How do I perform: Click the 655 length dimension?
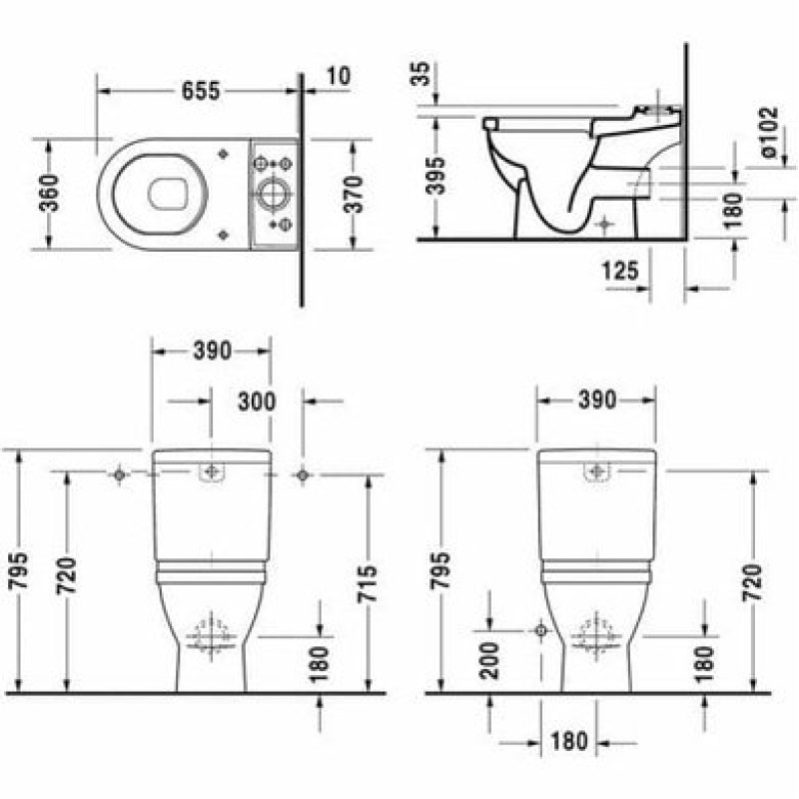[x=201, y=91]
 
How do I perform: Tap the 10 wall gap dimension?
[x=338, y=76]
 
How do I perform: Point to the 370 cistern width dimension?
[x=354, y=194]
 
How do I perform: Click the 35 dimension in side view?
[x=421, y=74]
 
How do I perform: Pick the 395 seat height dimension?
[x=435, y=176]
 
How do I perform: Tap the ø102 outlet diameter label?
[x=769, y=132]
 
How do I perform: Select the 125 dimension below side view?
[x=620, y=270]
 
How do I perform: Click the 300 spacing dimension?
[x=257, y=401]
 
